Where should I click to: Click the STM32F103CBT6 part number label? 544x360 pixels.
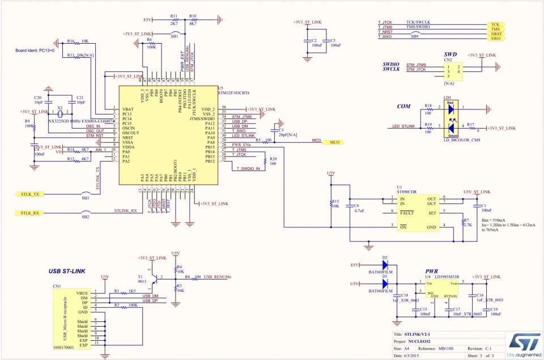(x=233, y=92)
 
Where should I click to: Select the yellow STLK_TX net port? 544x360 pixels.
(x=29, y=194)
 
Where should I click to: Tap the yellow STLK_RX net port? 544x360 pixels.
(x=29, y=213)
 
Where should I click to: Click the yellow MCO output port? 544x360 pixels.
(x=331, y=143)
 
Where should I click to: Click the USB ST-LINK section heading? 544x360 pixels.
(x=67, y=272)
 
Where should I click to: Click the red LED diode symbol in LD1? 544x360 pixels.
(x=450, y=108)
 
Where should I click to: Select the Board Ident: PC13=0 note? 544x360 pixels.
(x=34, y=50)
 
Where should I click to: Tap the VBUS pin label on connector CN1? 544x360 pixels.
(x=83, y=293)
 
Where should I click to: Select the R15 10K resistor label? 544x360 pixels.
(x=335, y=204)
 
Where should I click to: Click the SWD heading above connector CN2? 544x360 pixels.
(x=450, y=54)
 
